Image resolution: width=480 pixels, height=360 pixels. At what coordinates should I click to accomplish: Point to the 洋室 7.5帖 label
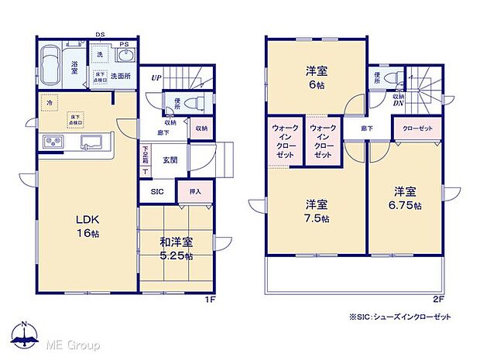pyautogui.click(x=315, y=211)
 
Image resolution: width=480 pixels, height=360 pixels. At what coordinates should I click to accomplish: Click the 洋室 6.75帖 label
pyautogui.click(x=406, y=198)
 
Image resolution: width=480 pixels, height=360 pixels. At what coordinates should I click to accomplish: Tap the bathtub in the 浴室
pyautogui.click(x=53, y=65)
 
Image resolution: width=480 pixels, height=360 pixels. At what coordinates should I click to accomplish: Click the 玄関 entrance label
pyautogui.click(x=170, y=160)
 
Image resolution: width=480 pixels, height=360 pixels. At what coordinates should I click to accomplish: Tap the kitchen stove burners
pyautogui.click(x=54, y=142)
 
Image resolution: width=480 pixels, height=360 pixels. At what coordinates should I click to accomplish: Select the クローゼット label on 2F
pyautogui.click(x=417, y=129)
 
